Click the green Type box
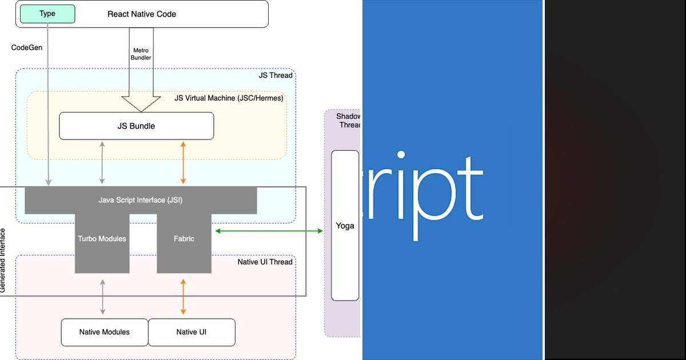point(47,14)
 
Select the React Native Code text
point(142,14)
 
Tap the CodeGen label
point(27,47)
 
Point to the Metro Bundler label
point(141,54)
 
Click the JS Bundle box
point(136,126)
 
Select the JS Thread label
point(276,75)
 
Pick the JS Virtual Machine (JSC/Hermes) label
point(229,98)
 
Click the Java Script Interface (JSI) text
point(141,200)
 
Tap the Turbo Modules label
point(102,238)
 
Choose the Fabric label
point(184,238)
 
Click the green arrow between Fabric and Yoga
point(269,231)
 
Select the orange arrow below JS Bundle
point(183,162)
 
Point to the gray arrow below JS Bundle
point(102,162)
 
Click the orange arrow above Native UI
point(183,297)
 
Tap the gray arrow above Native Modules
point(102,297)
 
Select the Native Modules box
point(104,332)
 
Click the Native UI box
point(192,332)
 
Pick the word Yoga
point(345,226)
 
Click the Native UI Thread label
point(265,262)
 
